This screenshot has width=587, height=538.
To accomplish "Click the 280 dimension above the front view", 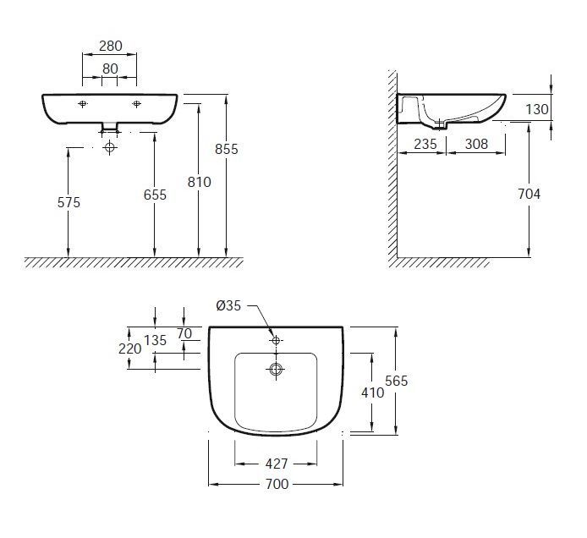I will (110, 46).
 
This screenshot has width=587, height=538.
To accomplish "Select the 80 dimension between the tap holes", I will (110, 67).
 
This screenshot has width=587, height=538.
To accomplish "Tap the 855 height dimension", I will (227, 149).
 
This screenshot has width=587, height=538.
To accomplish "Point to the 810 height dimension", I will (200, 181).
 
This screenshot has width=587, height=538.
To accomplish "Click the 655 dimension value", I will (155, 195).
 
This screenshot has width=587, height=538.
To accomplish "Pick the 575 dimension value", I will (68, 203).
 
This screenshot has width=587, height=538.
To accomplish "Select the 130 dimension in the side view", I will (538, 109).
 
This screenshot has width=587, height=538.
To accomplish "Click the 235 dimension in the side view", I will (425, 144).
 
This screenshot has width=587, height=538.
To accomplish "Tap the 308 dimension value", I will (477, 144).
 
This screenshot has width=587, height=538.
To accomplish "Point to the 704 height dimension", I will (529, 194).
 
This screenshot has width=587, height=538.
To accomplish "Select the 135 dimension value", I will (156, 341).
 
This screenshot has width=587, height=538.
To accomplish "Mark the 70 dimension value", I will (184, 333).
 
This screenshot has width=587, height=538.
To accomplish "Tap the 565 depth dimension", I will (397, 381).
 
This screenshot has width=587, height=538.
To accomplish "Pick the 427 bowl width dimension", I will (277, 464).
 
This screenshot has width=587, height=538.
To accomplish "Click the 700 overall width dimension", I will (277, 484).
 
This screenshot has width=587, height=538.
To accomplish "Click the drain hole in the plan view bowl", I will (276, 369).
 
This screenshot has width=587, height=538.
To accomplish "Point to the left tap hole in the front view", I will (82, 104).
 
